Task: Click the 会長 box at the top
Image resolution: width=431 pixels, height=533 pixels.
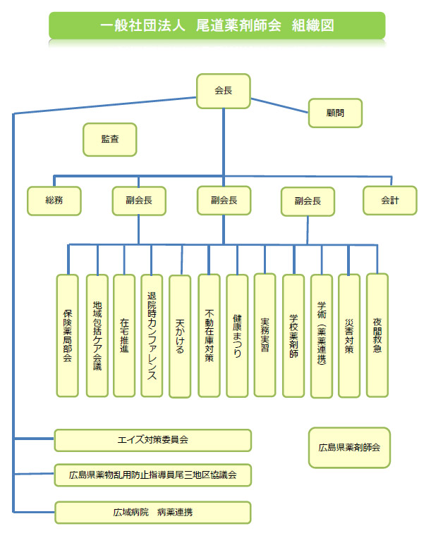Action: [x=223, y=91]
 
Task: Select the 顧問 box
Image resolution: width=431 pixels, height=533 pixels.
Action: [x=335, y=113]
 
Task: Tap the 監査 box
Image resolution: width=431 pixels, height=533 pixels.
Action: [x=109, y=140]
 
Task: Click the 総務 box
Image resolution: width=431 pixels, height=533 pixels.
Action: [x=54, y=200]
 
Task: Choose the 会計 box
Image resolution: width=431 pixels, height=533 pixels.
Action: [x=389, y=200]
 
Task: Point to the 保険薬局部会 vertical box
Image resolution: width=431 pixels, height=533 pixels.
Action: [x=68, y=336]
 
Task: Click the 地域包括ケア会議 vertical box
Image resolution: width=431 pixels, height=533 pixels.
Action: [x=97, y=336]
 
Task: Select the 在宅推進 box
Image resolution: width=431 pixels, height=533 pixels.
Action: [x=124, y=336]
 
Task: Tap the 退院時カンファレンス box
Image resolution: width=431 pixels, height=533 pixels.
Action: [x=152, y=336]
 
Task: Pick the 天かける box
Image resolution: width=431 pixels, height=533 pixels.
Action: [x=180, y=336]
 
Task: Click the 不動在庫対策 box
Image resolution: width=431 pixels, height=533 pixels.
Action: [x=209, y=336]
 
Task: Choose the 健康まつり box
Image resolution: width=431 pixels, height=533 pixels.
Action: [x=237, y=336]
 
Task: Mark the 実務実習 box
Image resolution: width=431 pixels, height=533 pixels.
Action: [x=265, y=336]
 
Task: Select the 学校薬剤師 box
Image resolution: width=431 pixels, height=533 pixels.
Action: [x=293, y=336]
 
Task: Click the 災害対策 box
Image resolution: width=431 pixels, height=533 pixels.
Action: [x=349, y=336]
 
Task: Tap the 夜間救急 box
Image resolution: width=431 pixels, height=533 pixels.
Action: [x=377, y=336]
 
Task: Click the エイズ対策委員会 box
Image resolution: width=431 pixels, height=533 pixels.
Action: [x=153, y=440]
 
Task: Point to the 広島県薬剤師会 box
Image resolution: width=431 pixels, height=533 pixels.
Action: [x=348, y=447]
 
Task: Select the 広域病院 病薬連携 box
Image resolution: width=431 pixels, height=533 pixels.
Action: [x=153, y=512]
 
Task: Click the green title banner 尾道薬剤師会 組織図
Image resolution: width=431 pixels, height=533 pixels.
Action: [x=217, y=25]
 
